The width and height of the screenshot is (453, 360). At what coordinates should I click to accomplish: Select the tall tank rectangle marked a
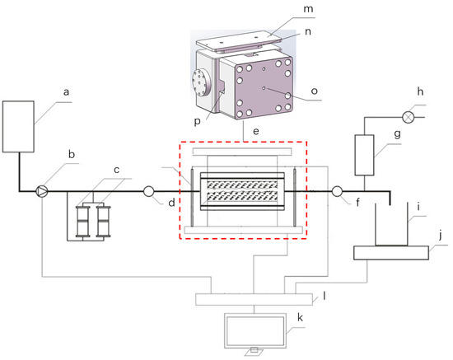[19, 126]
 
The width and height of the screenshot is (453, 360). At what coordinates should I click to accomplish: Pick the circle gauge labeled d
[149, 192]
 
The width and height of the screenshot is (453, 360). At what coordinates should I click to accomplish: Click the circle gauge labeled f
[337, 192]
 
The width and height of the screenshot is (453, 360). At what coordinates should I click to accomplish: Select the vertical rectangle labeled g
[363, 155]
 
